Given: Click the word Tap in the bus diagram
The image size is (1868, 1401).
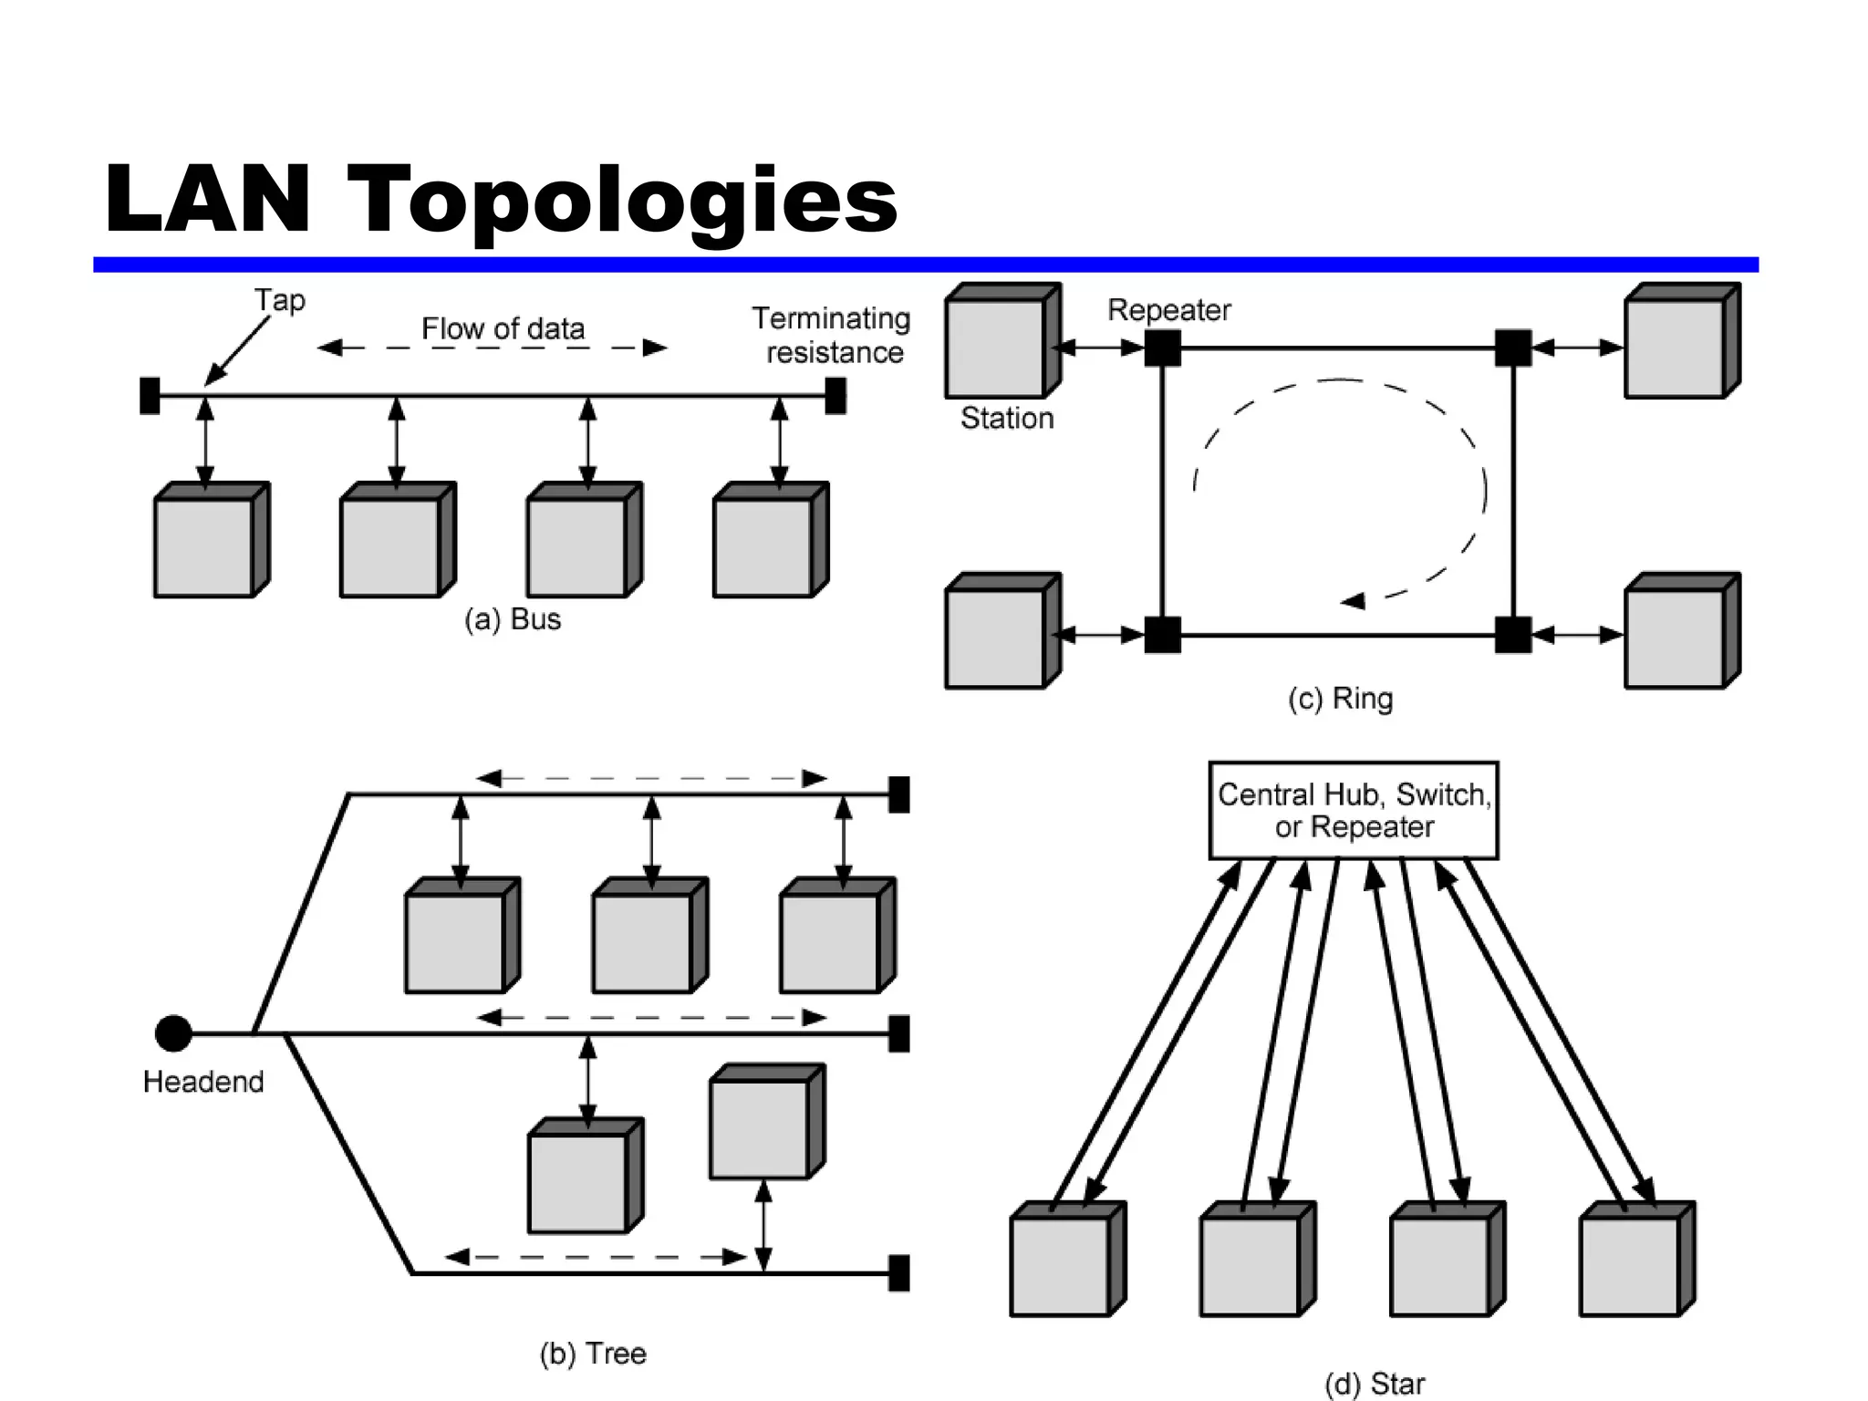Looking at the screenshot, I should pyautogui.click(x=279, y=300).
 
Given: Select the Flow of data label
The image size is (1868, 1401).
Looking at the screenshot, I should pyautogui.click(x=503, y=328).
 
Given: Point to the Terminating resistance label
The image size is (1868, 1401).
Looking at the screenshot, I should pyautogui.click(x=832, y=335).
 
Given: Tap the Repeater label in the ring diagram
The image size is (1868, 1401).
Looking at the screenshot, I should pyautogui.click(x=1168, y=310).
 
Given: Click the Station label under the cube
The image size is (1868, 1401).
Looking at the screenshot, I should pyautogui.click(x=1007, y=418).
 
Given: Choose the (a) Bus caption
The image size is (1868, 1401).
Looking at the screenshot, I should pyautogui.click(x=513, y=619).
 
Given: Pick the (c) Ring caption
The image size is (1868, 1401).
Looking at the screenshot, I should pyautogui.click(x=1340, y=699).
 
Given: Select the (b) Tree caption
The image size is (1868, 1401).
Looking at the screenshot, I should pyautogui.click(x=593, y=1353).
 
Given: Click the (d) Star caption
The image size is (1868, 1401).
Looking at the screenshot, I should pyautogui.click(x=1375, y=1384).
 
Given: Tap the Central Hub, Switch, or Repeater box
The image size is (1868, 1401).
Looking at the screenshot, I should pyautogui.click(x=1354, y=811).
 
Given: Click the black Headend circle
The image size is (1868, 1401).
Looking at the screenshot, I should pyautogui.click(x=173, y=1033).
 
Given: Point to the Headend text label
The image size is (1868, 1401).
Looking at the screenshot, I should pyautogui.click(x=203, y=1082).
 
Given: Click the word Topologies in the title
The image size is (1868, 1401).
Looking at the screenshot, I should pyautogui.click(x=622, y=200).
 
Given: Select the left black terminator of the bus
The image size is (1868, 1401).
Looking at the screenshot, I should pyautogui.click(x=150, y=396).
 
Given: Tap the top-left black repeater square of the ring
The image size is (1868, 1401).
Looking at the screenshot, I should pyautogui.click(x=1162, y=348).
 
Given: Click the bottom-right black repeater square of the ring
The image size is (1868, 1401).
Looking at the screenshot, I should pyautogui.click(x=1513, y=635).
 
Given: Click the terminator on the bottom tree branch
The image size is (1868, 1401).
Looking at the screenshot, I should pyautogui.click(x=899, y=1273).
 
